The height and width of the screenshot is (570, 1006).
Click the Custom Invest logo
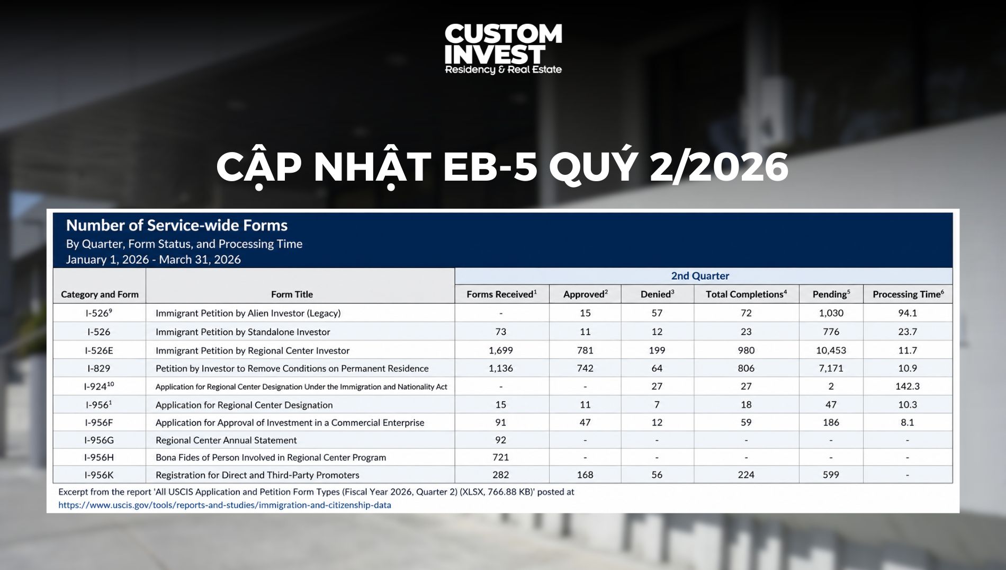[503, 49]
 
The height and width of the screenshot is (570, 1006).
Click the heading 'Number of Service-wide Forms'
[177, 226]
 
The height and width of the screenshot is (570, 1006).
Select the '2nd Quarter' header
[700, 276]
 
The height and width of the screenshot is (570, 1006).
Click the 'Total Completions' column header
[746, 294]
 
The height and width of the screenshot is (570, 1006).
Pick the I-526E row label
[99, 351]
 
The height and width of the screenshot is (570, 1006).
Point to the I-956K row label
[99, 475]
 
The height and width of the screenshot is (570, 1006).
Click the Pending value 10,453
[831, 351]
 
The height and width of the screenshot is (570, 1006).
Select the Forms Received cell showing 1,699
[501, 351]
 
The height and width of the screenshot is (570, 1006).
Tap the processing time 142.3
[908, 387]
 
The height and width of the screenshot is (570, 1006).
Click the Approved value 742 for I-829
[585, 369]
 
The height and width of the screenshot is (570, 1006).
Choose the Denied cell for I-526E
[657, 351]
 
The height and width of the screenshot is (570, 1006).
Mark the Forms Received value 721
[501, 458]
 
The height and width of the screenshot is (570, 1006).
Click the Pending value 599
[831, 475]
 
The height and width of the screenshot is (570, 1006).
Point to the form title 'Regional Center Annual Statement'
[226, 440]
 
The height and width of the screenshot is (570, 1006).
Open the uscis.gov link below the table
[224, 505]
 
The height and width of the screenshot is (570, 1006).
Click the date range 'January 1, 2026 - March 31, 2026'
[153, 260]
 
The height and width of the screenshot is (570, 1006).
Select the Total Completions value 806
[746, 369]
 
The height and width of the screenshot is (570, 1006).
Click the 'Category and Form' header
[100, 295]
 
